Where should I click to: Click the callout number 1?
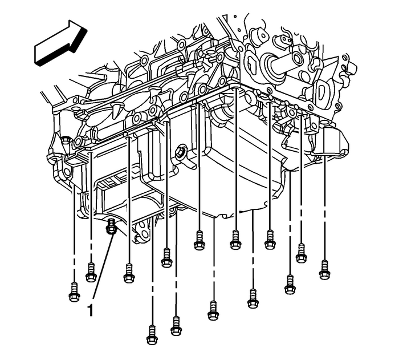pos(90,310)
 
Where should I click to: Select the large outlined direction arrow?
pos(60,43)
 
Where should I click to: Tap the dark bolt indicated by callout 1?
pos(111,226)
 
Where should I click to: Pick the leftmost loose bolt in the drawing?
pos(74,292)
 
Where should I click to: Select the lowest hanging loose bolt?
pos(152,335)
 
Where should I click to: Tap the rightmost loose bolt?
pos(324,270)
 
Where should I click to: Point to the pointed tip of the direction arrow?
pos(87,30)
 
